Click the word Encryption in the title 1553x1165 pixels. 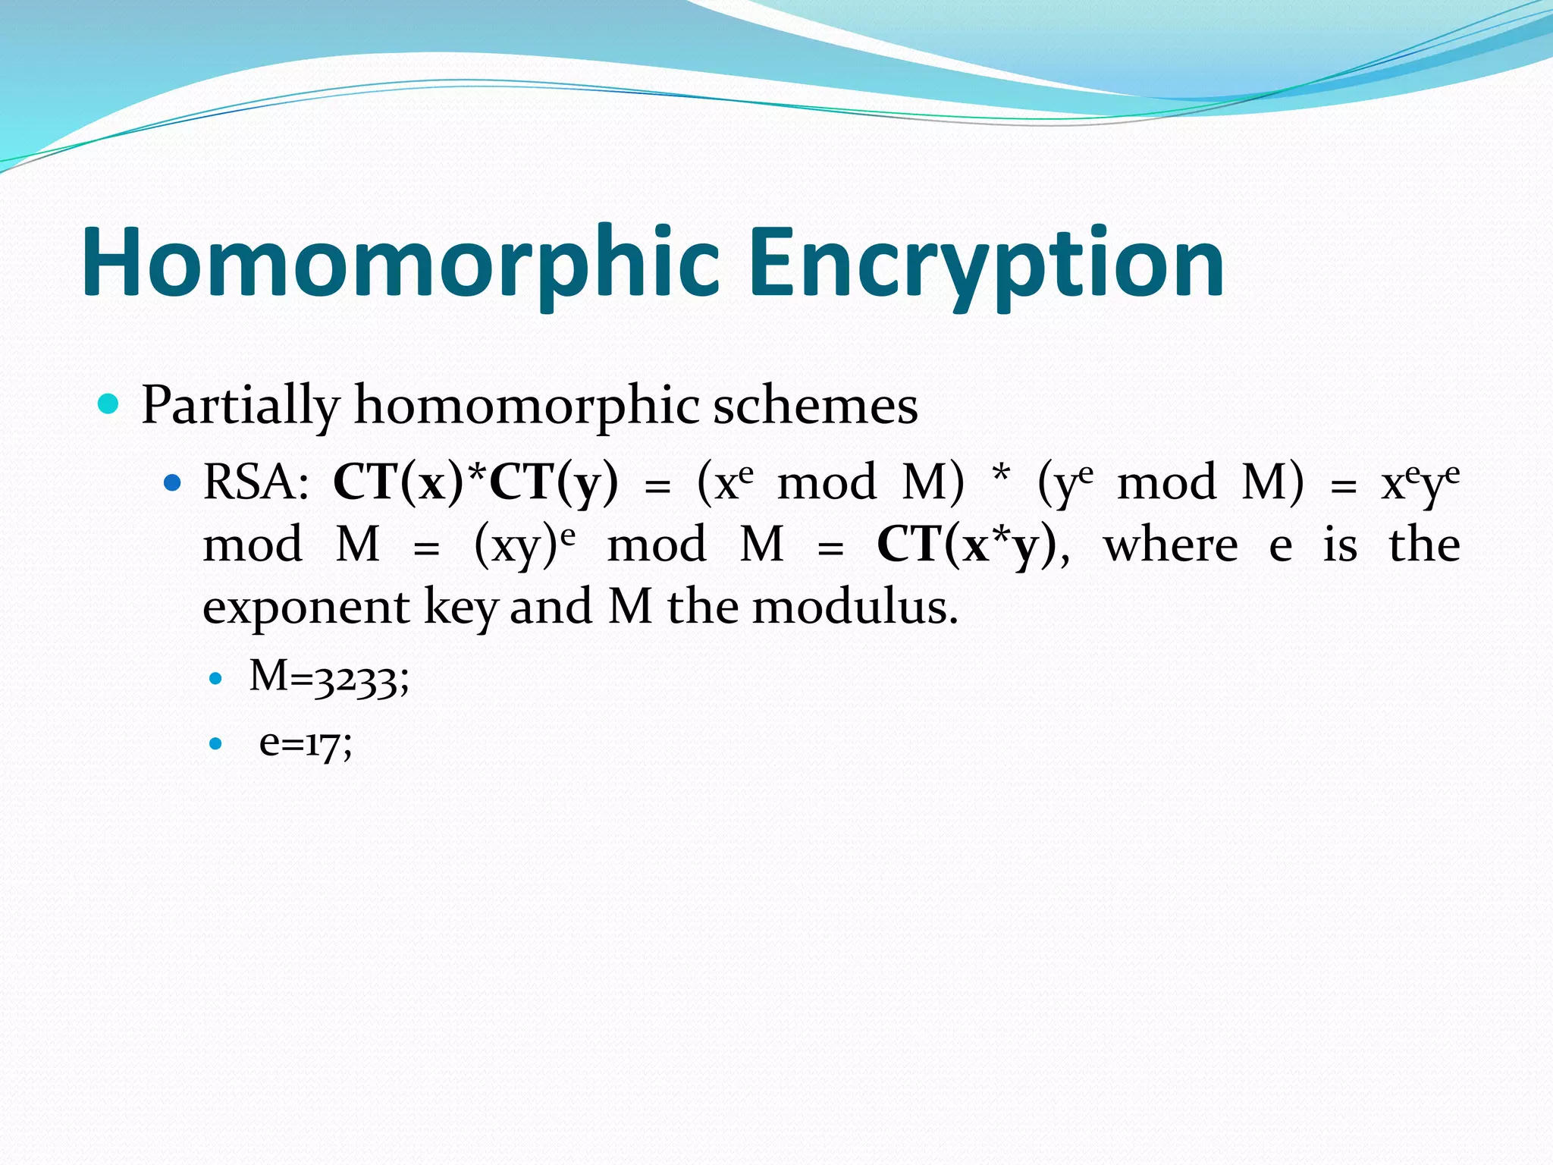[986, 264]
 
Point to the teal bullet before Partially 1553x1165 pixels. [109, 404]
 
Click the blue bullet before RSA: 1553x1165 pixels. [173, 482]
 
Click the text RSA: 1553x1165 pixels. [256, 482]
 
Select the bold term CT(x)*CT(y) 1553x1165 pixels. [475, 482]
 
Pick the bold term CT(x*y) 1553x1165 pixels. [967, 545]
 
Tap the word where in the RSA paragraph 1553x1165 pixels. [1170, 545]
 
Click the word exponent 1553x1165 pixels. [306, 607]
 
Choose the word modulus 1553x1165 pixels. [855, 607]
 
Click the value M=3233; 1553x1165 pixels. [329, 677]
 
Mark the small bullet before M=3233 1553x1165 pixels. [216, 678]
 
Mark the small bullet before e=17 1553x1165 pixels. [216, 744]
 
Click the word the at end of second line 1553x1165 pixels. [1424, 545]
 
